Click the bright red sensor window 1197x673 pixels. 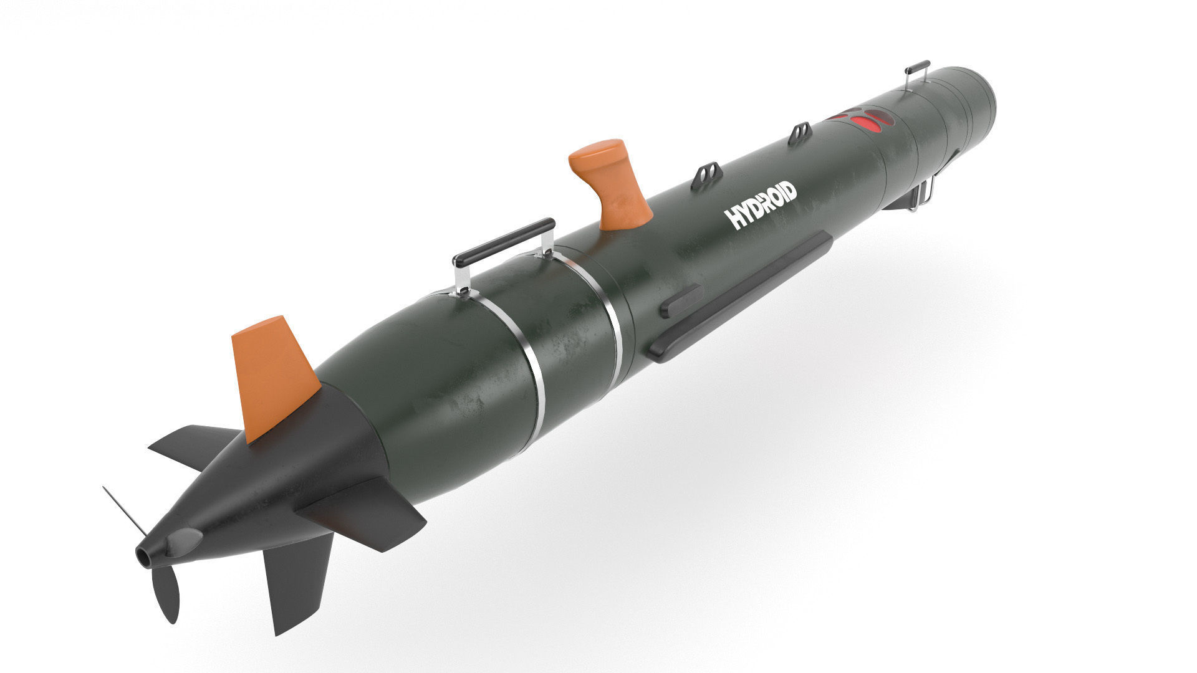pos(867,122)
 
